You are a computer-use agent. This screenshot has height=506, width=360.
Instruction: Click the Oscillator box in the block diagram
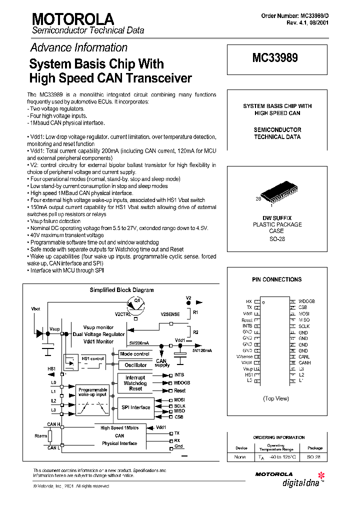tap(135, 365)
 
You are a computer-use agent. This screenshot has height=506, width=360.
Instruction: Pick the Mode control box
tap(135, 354)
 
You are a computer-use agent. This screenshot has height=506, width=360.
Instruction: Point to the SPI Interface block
tap(135, 407)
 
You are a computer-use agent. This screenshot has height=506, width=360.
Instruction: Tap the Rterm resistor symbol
tap(50, 436)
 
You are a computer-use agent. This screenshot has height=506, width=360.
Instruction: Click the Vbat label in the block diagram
tap(36, 309)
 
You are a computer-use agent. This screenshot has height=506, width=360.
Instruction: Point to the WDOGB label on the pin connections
tap(306, 301)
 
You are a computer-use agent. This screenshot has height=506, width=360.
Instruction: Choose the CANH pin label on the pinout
tap(305, 363)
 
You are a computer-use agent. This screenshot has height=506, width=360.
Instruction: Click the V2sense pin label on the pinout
tap(244, 357)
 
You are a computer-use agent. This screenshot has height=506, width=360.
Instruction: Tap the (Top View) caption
tap(276, 398)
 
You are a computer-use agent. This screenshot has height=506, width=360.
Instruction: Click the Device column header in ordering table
tap(241, 448)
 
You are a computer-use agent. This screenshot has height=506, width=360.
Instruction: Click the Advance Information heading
tap(79, 48)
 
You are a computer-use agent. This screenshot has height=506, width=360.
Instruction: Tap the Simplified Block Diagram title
tap(121, 290)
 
